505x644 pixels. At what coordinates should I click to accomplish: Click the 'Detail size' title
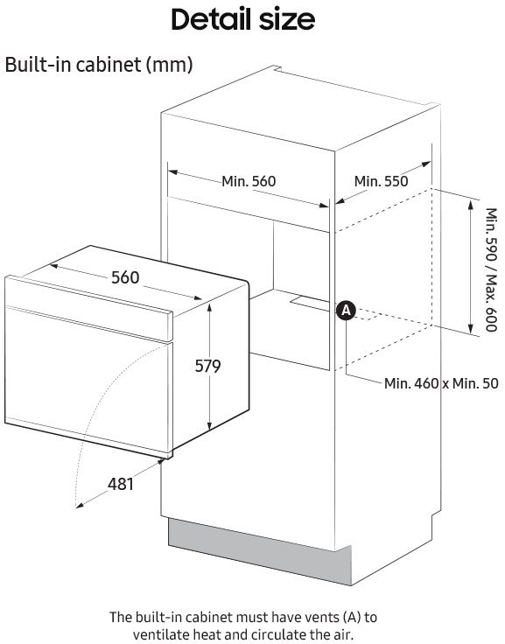(242, 19)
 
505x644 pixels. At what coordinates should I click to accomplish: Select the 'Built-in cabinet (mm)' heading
(99, 65)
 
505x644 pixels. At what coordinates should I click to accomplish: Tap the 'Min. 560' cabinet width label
(249, 181)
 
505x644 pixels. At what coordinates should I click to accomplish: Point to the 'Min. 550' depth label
(381, 181)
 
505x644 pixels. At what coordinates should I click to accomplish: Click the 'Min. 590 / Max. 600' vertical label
(491, 269)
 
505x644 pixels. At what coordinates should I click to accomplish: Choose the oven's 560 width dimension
(125, 277)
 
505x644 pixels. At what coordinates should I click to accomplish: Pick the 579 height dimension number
(207, 366)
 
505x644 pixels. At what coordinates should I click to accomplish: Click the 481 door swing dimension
(121, 484)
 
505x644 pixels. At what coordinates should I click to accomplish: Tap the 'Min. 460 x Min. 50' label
(441, 383)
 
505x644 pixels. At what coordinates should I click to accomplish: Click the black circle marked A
(346, 311)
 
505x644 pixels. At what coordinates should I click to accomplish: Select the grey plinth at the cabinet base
(260, 550)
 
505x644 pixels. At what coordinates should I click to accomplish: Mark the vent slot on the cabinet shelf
(310, 302)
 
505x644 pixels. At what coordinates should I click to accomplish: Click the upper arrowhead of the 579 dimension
(209, 308)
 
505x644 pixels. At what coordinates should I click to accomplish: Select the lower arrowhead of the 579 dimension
(209, 425)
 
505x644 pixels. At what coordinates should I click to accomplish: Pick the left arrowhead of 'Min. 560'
(173, 172)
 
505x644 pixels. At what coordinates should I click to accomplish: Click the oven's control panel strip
(88, 309)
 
